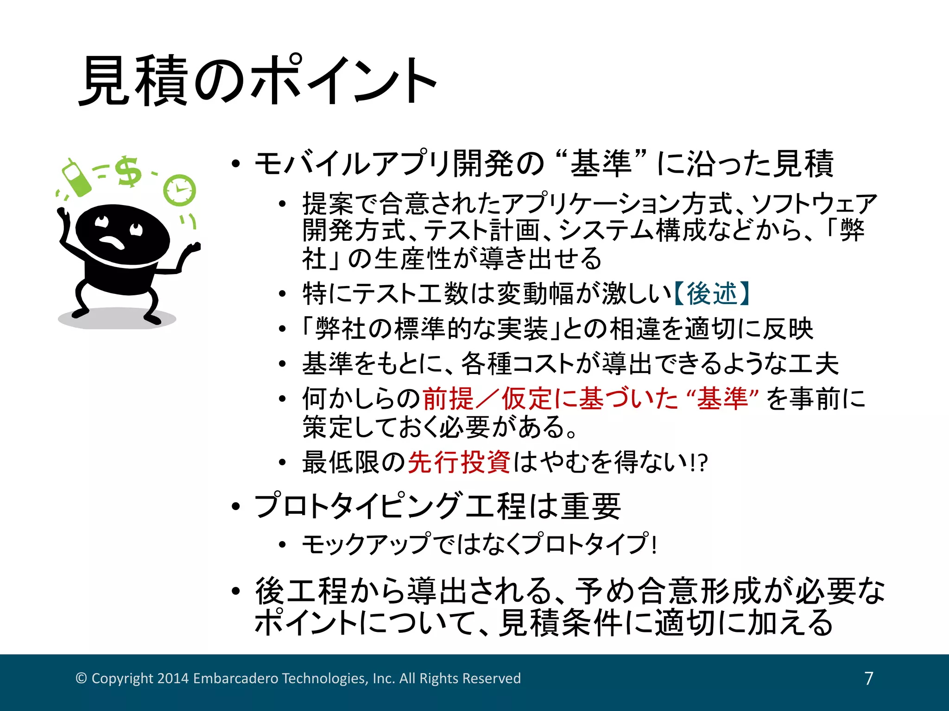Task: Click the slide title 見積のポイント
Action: pyautogui.click(x=258, y=81)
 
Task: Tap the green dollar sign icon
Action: pyautogui.click(x=128, y=172)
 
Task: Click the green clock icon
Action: pyautogui.click(x=179, y=190)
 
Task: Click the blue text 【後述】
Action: pyautogui.click(x=711, y=293)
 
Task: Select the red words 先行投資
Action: pyautogui.click(x=459, y=462)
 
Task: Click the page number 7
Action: pyautogui.click(x=869, y=678)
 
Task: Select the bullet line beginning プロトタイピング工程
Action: pyautogui.click(x=437, y=506)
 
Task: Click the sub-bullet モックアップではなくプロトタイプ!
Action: pyautogui.click(x=479, y=544)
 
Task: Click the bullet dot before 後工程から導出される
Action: pyautogui.click(x=236, y=591)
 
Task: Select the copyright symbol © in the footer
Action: pyautogui.click(x=81, y=678)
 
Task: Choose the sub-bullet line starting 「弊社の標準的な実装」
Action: pyautogui.click(x=556, y=329)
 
